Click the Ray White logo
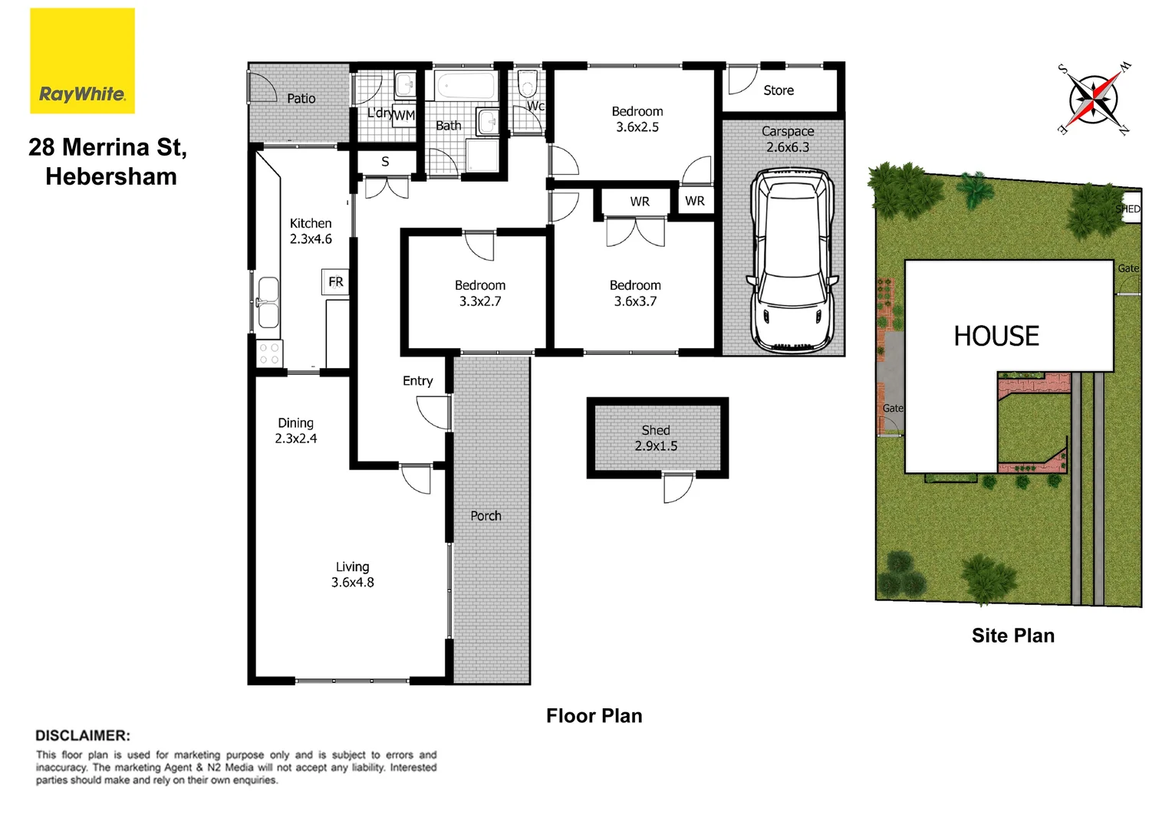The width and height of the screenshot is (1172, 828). coord(82,61)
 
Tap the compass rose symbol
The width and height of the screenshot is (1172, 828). coord(1093,99)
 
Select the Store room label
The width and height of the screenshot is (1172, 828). coord(778,90)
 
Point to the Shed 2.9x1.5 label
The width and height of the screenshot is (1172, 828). coord(656,438)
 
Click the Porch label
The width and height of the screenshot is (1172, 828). coord(486,516)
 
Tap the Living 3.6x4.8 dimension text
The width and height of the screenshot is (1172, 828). coord(352,575)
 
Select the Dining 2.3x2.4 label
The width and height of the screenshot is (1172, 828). coord(295,431)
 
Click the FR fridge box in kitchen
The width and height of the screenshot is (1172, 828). coord(335,282)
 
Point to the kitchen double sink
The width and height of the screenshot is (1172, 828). coord(267,303)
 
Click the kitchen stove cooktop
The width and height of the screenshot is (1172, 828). coord(269,353)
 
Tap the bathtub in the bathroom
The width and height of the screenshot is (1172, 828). coord(465,85)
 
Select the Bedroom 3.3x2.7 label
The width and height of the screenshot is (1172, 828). coord(480,293)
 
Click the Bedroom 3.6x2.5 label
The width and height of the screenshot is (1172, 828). coord(637,120)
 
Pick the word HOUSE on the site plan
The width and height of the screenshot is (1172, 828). coord(996,336)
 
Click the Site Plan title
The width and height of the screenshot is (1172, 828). coord(1012,636)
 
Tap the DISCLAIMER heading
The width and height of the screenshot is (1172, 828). coord(83,735)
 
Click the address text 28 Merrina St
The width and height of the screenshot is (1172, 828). coord(107,147)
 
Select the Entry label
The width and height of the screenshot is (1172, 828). coord(417,381)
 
